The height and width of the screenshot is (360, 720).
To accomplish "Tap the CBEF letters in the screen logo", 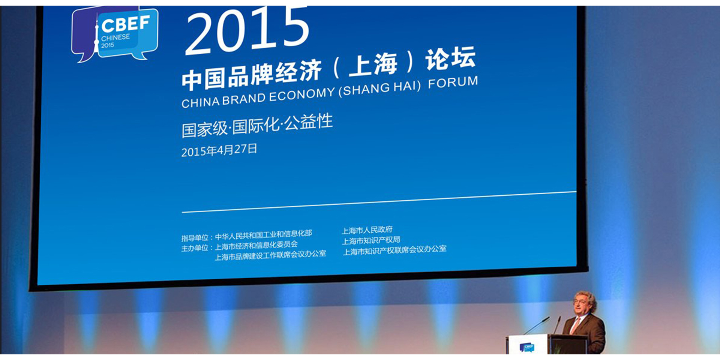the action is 126,24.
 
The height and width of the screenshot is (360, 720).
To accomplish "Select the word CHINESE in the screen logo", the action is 115,37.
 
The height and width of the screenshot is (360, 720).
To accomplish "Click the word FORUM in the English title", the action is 453,82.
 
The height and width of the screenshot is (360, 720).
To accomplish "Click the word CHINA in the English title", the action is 201,102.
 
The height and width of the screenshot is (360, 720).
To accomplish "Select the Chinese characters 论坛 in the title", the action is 450,58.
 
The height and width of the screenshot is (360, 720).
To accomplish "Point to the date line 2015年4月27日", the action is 219,150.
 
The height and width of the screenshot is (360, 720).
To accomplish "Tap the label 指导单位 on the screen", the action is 195,238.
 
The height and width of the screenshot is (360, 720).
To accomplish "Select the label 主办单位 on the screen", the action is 195,248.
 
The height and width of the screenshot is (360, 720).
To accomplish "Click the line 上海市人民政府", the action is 367,229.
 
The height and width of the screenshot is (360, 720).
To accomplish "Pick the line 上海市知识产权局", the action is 371,240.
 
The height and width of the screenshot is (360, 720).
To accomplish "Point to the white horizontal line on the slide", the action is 379,202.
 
